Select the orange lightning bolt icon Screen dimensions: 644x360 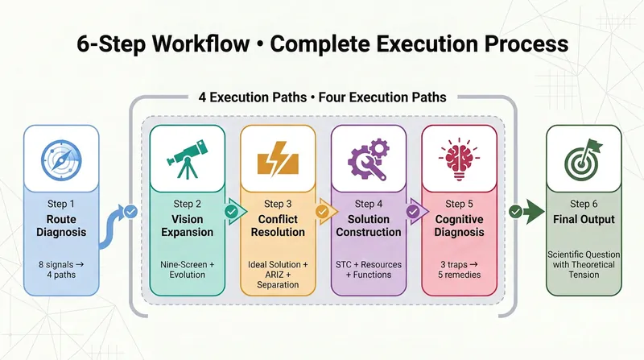[278, 159]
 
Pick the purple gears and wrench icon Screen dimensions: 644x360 [369, 159]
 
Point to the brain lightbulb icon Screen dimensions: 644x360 [459, 159]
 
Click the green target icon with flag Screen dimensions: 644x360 [583, 159]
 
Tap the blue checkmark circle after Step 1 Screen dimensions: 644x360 [131, 212]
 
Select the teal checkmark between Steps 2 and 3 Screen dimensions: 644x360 [232, 212]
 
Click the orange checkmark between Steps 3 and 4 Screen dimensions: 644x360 [323, 212]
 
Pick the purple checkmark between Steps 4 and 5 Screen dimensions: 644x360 [413, 212]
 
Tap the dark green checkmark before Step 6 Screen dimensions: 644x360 [515, 212]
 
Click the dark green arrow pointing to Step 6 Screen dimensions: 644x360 [534, 212]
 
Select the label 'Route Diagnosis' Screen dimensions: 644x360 [61, 226]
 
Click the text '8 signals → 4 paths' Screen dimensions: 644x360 [61, 270]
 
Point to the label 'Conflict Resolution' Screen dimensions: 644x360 [278, 226]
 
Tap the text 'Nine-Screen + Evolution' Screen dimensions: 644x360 [188, 270]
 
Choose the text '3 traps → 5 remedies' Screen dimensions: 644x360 [459, 270]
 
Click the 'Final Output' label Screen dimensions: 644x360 [584, 219]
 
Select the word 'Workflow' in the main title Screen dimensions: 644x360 [196, 43]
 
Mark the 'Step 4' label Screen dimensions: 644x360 [369, 204]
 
